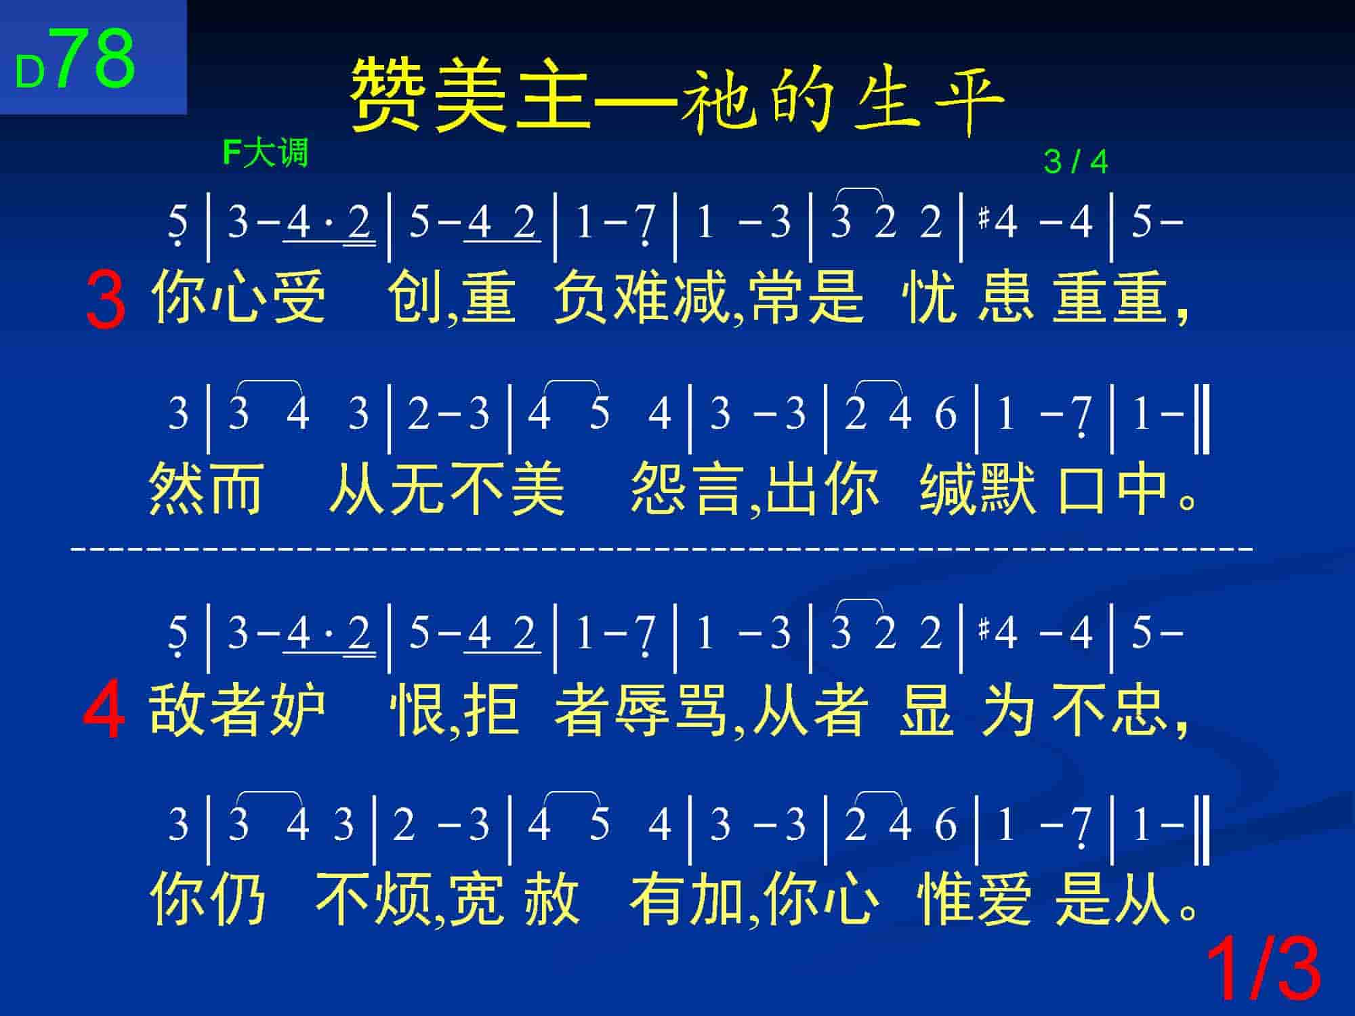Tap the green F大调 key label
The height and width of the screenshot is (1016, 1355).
click(x=265, y=153)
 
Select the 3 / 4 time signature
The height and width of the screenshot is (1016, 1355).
click(x=1076, y=162)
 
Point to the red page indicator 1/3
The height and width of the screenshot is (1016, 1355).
click(x=1264, y=969)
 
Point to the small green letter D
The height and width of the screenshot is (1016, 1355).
click(x=30, y=72)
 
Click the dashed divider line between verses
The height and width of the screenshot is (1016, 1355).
click(x=662, y=547)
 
